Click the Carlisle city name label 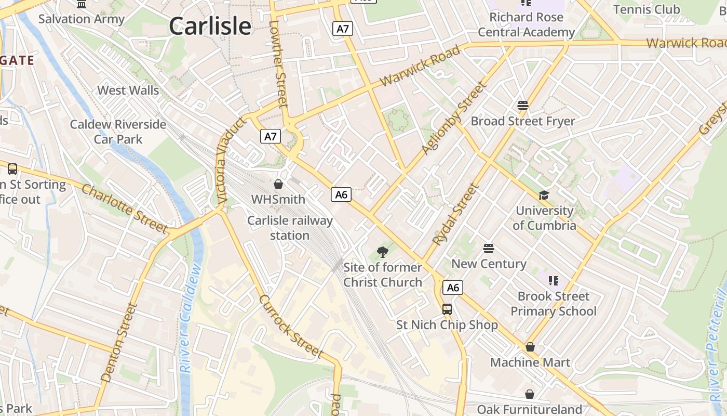[x=210, y=26]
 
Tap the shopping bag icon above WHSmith [x=278, y=184]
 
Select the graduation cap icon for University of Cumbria [x=544, y=195]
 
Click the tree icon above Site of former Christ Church [x=382, y=252]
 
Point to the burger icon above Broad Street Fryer [x=523, y=106]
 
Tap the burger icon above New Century [x=488, y=249]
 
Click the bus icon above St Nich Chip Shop [x=447, y=309]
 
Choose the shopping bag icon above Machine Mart [x=530, y=347]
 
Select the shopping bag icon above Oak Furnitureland [x=529, y=394]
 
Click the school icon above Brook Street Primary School [x=554, y=281]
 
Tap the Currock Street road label [x=291, y=326]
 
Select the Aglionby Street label [x=453, y=118]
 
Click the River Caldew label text [x=190, y=318]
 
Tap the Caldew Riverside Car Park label [x=118, y=132]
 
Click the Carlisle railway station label [x=290, y=228]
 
